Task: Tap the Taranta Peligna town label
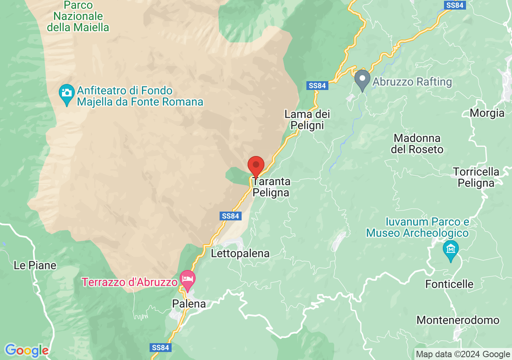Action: point(271,187)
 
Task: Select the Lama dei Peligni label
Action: point(307,120)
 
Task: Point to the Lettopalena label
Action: point(240,254)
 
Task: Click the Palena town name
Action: point(189,304)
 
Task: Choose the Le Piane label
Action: point(35,265)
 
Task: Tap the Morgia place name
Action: point(487,113)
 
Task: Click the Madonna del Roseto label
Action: point(417,144)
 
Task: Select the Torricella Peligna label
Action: point(476,177)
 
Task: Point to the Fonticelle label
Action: point(450,284)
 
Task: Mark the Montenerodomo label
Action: point(458,320)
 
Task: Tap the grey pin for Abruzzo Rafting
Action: point(362,79)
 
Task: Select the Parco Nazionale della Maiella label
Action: point(78,16)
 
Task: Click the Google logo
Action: point(26,351)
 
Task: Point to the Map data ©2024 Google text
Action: point(463,354)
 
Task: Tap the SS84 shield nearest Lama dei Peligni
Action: point(318,86)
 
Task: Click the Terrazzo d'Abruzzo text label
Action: point(130,282)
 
